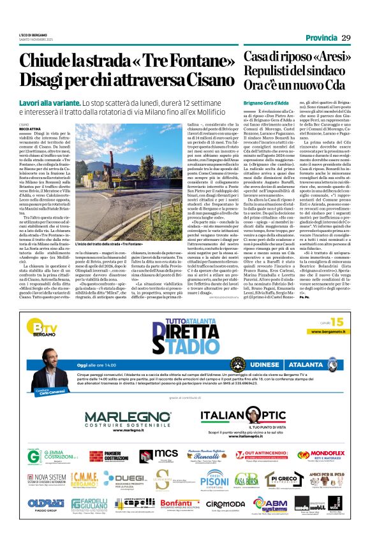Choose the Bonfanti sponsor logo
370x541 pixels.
(x=176, y=503)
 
